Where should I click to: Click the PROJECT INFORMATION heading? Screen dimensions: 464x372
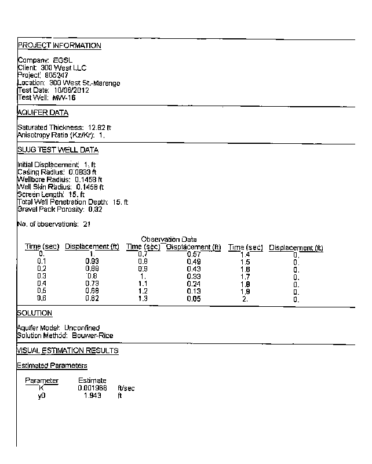(x=59, y=46)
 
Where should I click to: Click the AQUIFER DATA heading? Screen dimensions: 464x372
(x=43, y=113)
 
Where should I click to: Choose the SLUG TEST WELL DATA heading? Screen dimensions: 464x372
(x=58, y=150)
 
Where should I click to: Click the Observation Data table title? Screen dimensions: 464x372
(x=169, y=240)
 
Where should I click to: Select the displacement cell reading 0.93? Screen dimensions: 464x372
(x=92, y=262)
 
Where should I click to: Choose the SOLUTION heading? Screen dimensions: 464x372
(x=35, y=313)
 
